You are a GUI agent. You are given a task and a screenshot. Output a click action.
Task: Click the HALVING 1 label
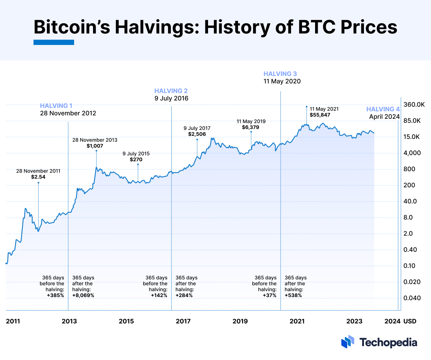[56, 106]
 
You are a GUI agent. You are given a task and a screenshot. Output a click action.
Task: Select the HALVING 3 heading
[280, 74]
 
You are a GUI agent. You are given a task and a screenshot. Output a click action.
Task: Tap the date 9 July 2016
[171, 98]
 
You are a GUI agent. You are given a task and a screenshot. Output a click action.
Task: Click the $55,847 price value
[320, 115]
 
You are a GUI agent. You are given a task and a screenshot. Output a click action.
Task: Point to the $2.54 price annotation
[38, 177]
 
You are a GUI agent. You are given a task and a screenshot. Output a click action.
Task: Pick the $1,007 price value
[95, 146]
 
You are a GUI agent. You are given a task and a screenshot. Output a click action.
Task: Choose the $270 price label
[136, 160]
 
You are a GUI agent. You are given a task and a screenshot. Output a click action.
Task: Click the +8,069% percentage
[83, 296]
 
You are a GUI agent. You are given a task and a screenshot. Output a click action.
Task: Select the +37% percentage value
[269, 296]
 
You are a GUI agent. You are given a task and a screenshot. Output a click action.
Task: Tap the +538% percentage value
[293, 296]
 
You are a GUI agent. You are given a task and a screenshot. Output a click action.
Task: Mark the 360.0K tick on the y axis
[414, 104]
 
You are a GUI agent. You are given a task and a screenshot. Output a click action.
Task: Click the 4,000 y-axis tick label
[412, 153]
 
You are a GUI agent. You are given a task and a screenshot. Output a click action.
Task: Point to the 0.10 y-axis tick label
[410, 266]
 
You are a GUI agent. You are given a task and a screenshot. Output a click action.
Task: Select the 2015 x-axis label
[126, 321]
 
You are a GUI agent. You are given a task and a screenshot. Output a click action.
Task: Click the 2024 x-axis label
[392, 321]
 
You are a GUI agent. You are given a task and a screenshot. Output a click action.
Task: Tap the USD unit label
[410, 321]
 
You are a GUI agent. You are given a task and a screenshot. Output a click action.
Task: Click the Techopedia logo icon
[348, 342]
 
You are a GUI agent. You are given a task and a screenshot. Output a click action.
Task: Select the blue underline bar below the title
[54, 42]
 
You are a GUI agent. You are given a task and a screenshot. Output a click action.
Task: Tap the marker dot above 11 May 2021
[306, 107]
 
